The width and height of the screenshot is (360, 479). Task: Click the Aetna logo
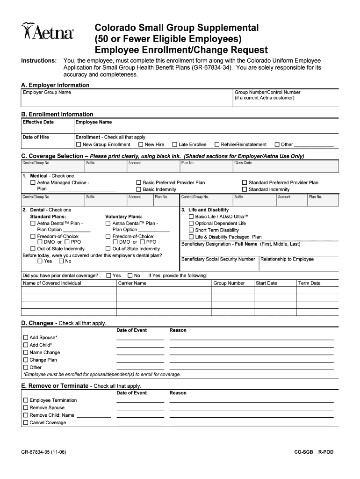coord(48,32)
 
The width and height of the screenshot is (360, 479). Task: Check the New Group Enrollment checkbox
coord(79,145)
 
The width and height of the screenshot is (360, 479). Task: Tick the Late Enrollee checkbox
coord(174,145)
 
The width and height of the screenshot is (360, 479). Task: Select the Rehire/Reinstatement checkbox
coord(217,145)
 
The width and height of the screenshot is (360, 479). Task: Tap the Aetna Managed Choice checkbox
coord(33,182)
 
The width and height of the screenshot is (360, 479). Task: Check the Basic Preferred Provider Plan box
coord(138,182)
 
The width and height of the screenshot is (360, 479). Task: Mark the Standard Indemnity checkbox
coord(244,189)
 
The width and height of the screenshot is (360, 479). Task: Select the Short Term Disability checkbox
coord(191,230)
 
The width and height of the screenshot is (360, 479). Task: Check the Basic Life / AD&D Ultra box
coord(191,217)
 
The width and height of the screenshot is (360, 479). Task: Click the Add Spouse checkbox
coord(25,338)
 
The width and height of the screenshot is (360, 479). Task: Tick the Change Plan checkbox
coord(25,360)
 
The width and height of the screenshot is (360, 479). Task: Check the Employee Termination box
coord(25,400)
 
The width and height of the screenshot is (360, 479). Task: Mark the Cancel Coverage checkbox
coord(25,423)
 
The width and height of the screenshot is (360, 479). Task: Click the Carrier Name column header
coord(132,283)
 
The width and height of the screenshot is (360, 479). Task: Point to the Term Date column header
coord(310,283)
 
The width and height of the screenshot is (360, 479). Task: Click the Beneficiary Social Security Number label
coord(218,259)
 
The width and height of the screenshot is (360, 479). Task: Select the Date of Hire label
coord(36,137)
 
